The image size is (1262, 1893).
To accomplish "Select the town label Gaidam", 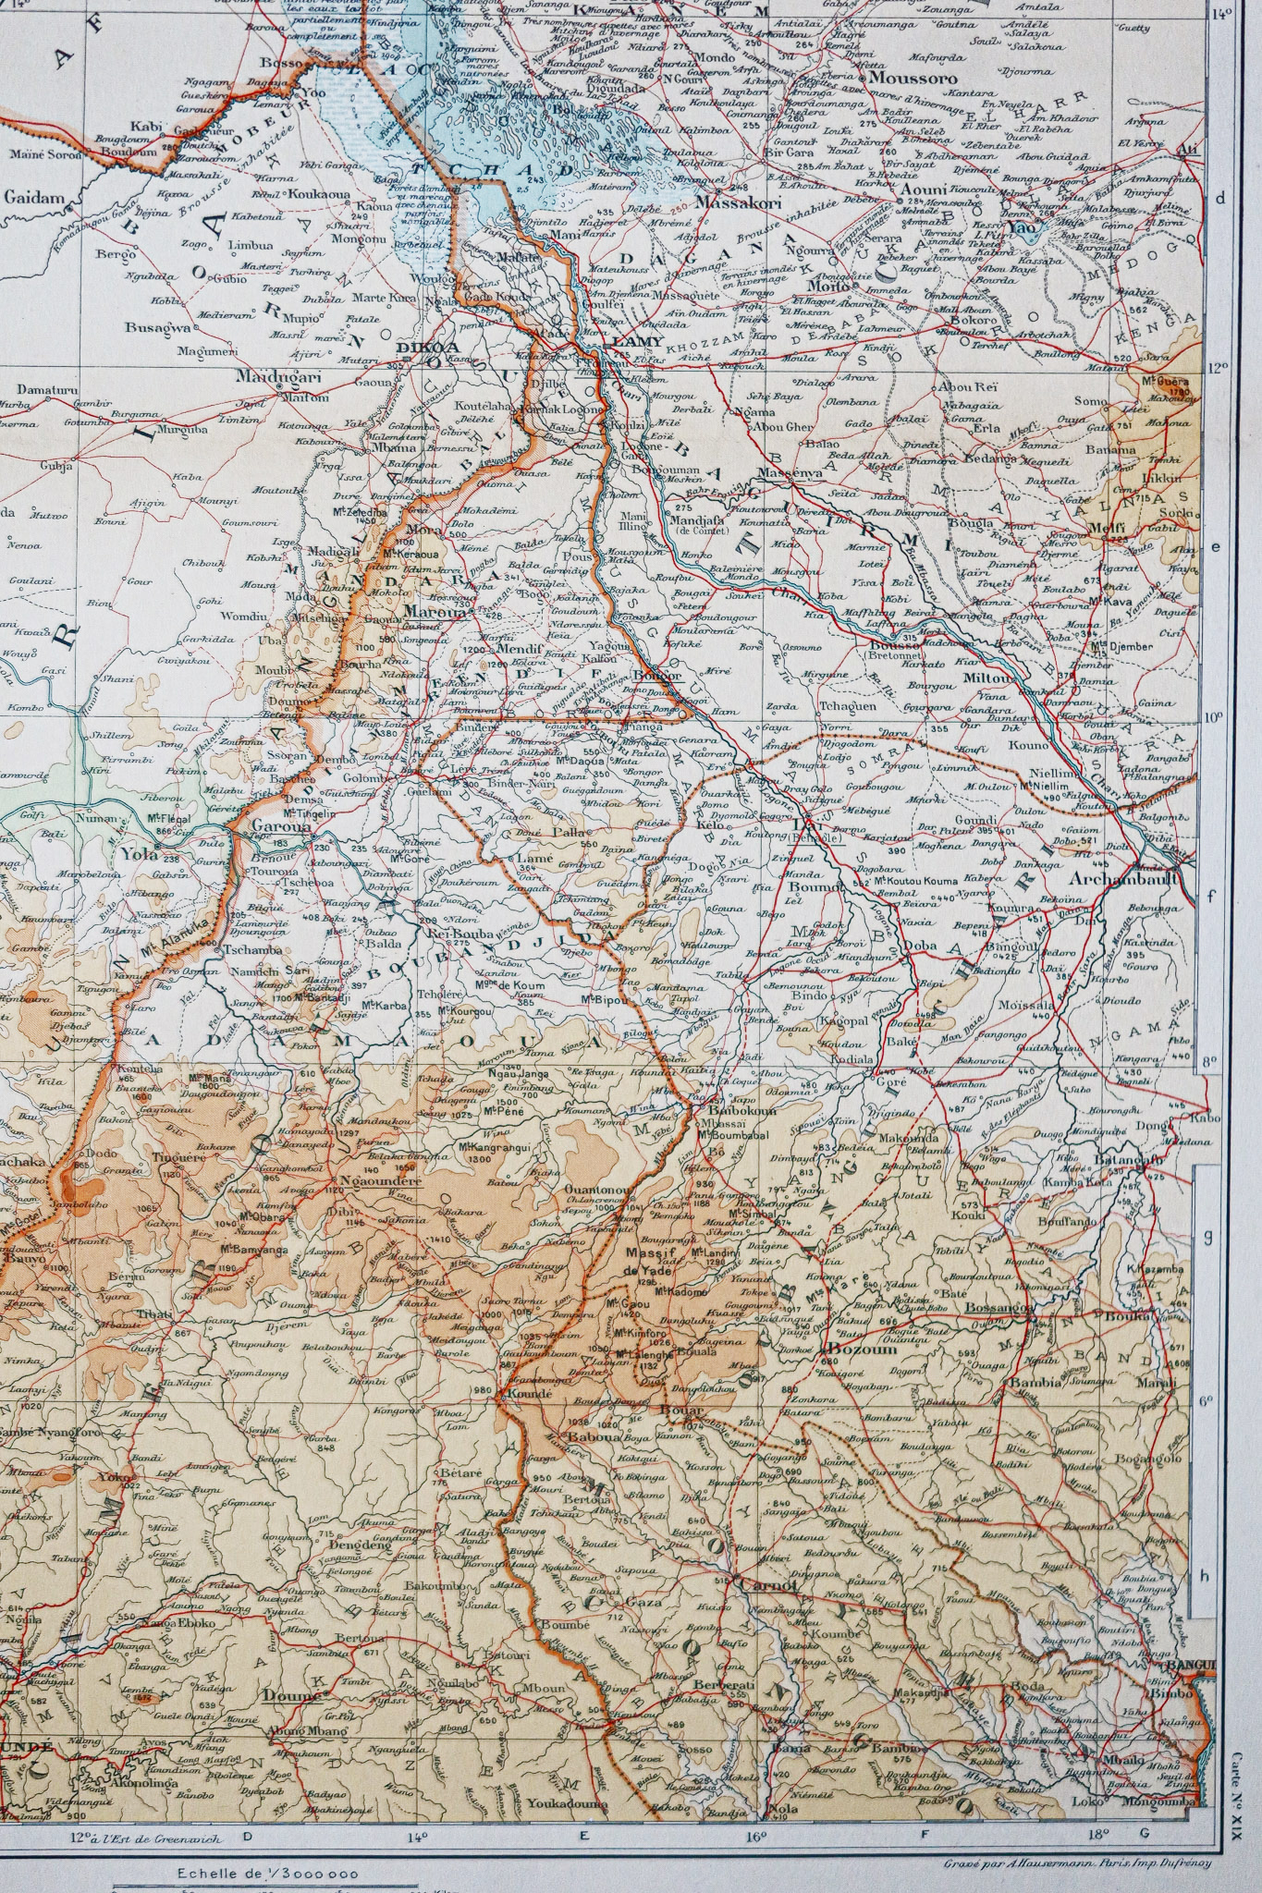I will pos(32,197).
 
